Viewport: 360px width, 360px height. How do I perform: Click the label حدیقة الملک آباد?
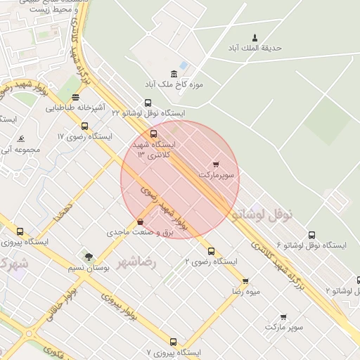(x=254, y=48)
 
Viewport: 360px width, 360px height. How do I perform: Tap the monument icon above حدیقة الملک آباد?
(x=255, y=37)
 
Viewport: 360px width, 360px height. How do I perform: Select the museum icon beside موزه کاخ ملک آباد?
(x=174, y=74)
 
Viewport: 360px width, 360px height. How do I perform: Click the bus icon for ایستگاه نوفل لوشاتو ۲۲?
(x=148, y=103)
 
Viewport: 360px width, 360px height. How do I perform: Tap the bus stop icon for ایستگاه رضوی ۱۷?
(x=85, y=126)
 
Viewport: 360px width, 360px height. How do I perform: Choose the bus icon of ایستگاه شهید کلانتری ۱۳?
(x=154, y=134)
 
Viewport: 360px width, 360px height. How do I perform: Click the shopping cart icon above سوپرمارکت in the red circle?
(x=215, y=164)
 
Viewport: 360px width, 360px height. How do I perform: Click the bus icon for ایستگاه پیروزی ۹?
(x=20, y=231)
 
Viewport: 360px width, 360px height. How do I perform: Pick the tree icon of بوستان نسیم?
(x=89, y=257)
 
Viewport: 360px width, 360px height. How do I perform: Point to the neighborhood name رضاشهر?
(x=137, y=262)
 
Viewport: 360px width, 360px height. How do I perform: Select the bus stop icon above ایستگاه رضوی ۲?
(x=211, y=251)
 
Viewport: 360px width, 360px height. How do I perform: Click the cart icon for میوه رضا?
(x=245, y=281)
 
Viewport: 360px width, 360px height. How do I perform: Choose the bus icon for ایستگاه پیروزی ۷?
(x=173, y=342)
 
